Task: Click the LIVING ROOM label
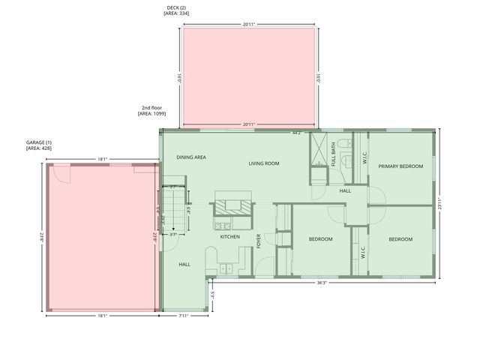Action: point(264,163)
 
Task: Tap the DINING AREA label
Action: point(191,157)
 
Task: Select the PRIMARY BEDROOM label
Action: point(400,166)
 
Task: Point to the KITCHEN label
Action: point(229,237)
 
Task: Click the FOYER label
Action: point(259,241)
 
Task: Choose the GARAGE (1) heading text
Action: point(38,142)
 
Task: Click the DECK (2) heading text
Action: point(176,8)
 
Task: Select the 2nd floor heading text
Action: point(151,108)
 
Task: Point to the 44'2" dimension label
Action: point(297,133)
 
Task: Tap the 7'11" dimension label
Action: point(184,316)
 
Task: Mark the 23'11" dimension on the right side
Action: point(441,203)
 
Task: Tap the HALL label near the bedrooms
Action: point(345,190)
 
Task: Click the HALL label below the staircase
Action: point(184,265)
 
